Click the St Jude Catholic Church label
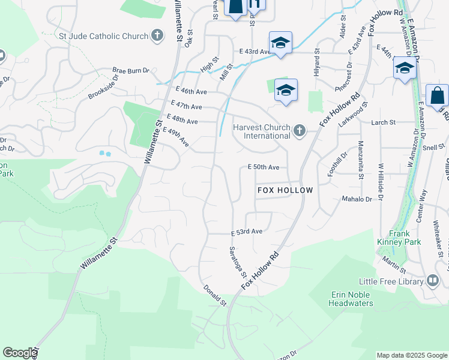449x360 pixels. click(103, 36)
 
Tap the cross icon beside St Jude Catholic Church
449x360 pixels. click(157, 36)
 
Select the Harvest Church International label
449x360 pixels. click(263, 131)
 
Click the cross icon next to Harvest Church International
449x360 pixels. click(300, 131)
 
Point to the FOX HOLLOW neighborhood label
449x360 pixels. click(285, 190)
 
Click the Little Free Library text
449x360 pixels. click(391, 281)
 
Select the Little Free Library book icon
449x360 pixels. click(433, 281)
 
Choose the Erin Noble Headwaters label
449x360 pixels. click(351, 299)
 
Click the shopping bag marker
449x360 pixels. click(437, 95)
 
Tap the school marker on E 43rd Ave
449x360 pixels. click(280, 43)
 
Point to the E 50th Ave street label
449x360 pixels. click(264, 167)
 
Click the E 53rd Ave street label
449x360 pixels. click(247, 232)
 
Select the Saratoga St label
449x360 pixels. click(238, 263)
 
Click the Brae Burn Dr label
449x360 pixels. click(131, 71)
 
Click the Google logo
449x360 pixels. click(20, 353)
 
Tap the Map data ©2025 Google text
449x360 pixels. click(411, 355)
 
